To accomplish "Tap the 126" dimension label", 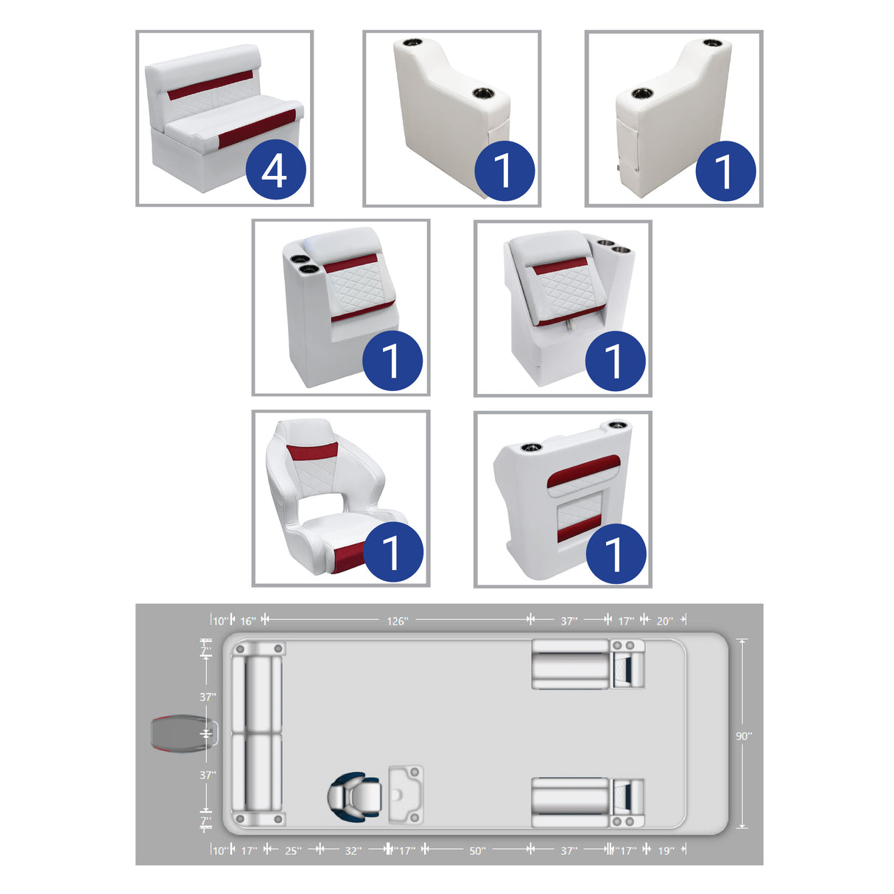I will [x=397, y=621].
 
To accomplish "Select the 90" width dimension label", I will [x=744, y=736].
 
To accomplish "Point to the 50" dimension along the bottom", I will [x=477, y=851].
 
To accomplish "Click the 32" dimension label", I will [x=353, y=851].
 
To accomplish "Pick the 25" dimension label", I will [x=292, y=851].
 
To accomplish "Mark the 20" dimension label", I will [x=664, y=621].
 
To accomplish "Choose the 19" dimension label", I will [x=666, y=851].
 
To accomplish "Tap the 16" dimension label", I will [x=248, y=621].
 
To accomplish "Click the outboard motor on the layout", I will [x=182, y=733].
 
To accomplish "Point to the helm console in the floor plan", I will [x=406, y=795].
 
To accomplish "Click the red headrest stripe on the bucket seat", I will [x=312, y=451].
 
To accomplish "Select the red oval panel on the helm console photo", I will [x=583, y=471].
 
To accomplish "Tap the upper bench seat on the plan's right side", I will [x=570, y=664].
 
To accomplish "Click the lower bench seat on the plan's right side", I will [x=570, y=801].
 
